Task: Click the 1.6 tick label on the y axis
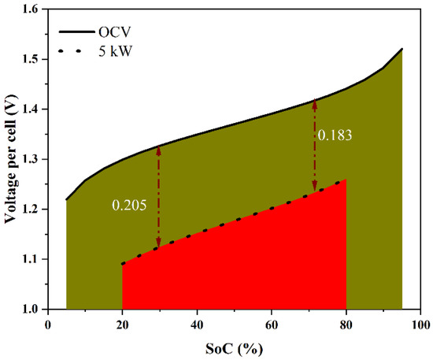point(31,9)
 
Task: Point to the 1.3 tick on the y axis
point(31,159)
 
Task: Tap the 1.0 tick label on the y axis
point(31,309)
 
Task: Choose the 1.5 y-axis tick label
point(31,59)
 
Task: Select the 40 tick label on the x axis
point(197,324)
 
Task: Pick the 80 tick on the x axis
point(346,324)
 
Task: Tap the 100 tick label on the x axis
point(420,324)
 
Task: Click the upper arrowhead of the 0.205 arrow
point(159,150)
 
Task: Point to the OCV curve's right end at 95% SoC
point(402,49)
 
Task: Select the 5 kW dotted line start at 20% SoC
point(123,264)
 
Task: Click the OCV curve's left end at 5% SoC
point(67,199)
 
